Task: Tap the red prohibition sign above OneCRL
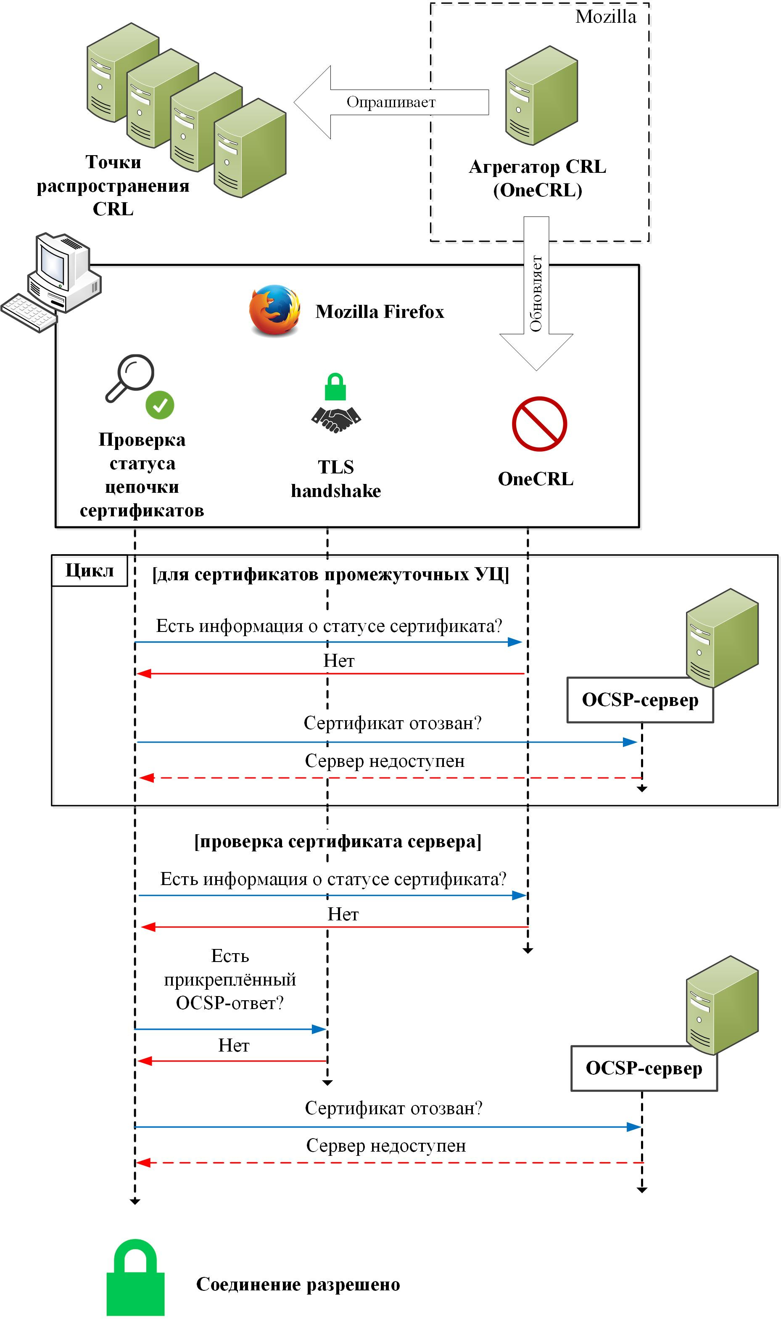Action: point(539,424)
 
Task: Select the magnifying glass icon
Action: point(130,378)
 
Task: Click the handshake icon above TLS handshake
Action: point(335,419)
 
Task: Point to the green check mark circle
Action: point(160,405)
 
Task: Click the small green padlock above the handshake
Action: point(335,387)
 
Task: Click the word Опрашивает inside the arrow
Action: point(391,102)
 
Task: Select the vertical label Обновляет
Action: point(536,294)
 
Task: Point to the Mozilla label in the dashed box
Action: point(606,17)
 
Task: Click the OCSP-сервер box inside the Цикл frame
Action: point(640,700)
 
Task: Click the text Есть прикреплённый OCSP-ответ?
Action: point(230,979)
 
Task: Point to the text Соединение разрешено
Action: point(298,1284)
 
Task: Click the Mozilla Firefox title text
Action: point(380,312)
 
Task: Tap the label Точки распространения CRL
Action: point(113,185)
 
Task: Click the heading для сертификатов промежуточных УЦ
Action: point(330,575)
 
